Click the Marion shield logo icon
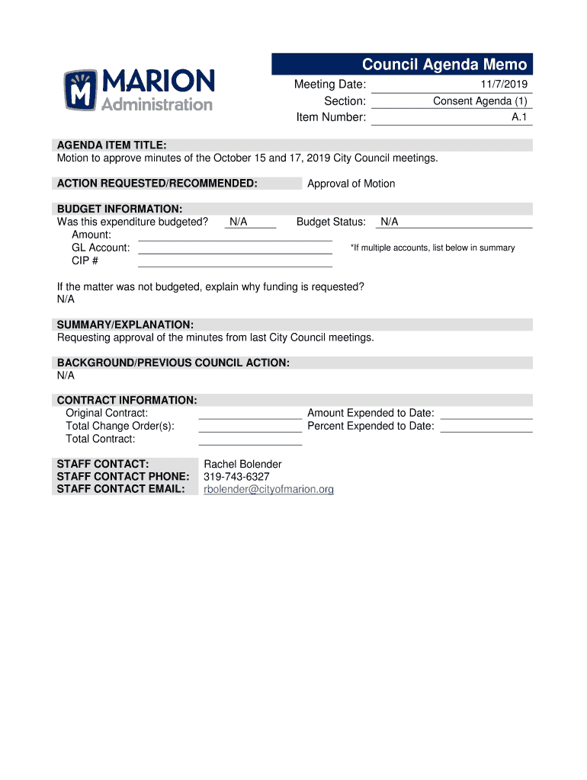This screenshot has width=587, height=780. click(x=81, y=91)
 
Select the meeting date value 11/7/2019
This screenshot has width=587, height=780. click(x=503, y=85)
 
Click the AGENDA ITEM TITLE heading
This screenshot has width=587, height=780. click(x=111, y=145)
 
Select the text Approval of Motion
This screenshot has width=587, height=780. click(x=351, y=184)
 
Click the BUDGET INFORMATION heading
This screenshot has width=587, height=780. click(x=119, y=209)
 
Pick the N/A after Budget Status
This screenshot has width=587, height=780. click(x=389, y=222)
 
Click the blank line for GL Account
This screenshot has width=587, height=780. click(x=235, y=248)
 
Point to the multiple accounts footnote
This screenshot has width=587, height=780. click(x=432, y=248)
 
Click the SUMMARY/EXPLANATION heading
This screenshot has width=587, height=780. click(x=125, y=324)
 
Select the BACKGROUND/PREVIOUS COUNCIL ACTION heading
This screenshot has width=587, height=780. click(x=173, y=363)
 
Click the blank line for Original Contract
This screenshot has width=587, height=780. click(x=250, y=414)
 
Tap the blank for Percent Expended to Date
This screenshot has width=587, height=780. click(x=486, y=427)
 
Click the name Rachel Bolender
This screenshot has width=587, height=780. click(x=242, y=464)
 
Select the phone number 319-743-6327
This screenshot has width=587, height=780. click(x=236, y=477)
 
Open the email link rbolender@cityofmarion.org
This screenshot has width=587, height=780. click(x=268, y=490)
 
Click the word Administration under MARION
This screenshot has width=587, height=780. click(x=158, y=105)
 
